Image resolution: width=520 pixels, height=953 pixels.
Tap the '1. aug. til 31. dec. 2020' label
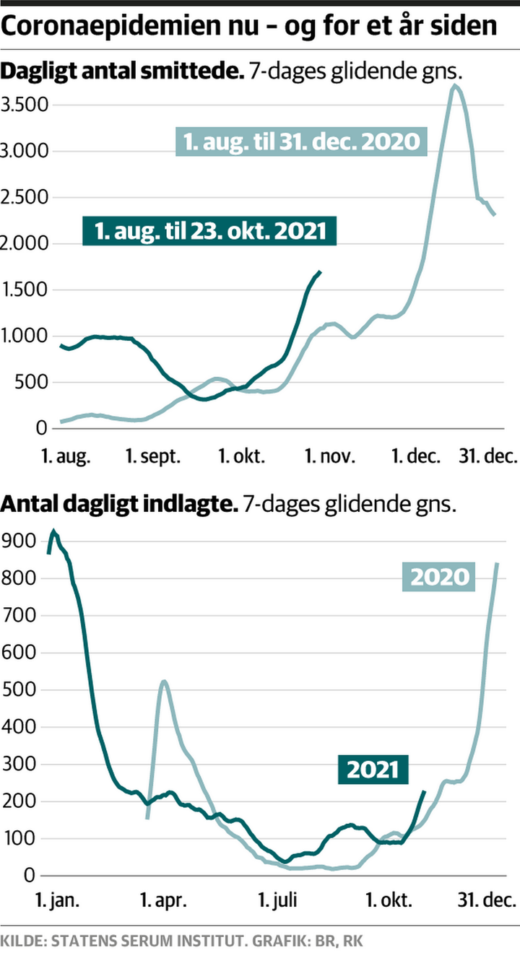pyautogui.click(x=301, y=142)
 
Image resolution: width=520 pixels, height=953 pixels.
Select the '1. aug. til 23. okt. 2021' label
pyautogui.click(x=209, y=231)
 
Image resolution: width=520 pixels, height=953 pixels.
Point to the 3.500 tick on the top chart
pyautogui.click(x=25, y=105)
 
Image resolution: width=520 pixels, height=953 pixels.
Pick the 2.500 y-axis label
pyautogui.click(x=25, y=198)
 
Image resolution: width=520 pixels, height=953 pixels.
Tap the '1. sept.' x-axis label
pyautogui.click(x=153, y=456)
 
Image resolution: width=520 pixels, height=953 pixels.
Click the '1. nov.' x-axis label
pyautogui.click(x=331, y=456)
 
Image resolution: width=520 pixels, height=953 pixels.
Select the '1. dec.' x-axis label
pyautogui.click(x=417, y=456)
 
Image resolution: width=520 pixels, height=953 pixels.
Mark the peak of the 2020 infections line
pyautogui.click(x=454, y=86)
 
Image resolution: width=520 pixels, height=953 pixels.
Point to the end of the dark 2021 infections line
pyautogui.click(x=320, y=272)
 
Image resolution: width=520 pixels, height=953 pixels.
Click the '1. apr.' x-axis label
pyautogui.click(x=162, y=900)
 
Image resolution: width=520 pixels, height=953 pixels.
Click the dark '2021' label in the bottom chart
pyautogui.click(x=373, y=770)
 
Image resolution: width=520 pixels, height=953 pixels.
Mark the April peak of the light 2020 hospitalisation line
pyautogui.click(x=163, y=681)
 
